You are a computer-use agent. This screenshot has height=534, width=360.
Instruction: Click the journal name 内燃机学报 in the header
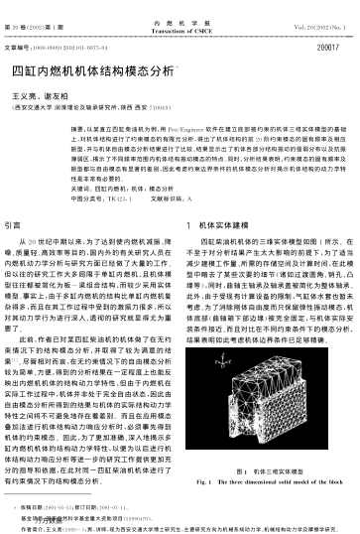click(x=180, y=10)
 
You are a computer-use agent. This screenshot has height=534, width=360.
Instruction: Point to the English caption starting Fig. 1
click(x=267, y=481)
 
